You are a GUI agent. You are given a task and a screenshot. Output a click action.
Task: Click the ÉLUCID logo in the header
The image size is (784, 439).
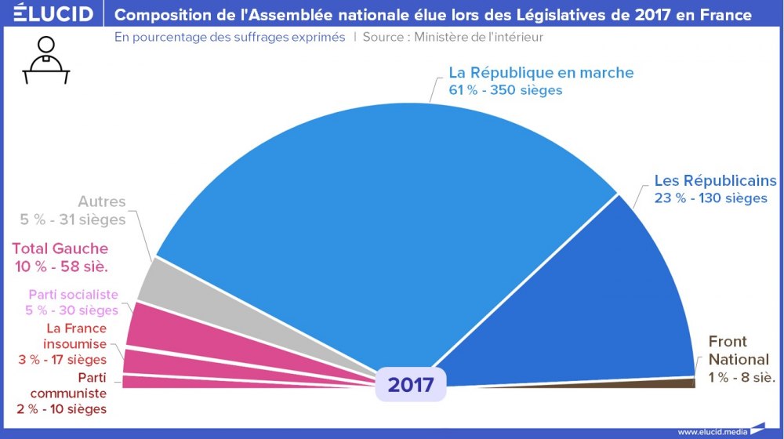[x=48, y=14]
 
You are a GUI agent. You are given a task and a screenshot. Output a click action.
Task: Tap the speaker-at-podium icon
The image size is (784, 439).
[x=46, y=60]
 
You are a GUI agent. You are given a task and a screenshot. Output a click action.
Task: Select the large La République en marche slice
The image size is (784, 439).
[x=376, y=219]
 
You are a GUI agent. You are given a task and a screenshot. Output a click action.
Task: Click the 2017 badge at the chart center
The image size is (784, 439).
[x=410, y=385]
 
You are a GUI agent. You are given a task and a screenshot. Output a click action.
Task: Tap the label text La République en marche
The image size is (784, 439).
[x=540, y=72]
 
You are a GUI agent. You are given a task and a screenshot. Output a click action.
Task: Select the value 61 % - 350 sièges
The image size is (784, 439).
[x=505, y=90]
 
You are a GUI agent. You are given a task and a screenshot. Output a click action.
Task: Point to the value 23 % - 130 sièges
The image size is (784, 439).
[x=710, y=198]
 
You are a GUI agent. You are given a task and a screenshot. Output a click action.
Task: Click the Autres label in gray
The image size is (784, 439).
[x=101, y=202]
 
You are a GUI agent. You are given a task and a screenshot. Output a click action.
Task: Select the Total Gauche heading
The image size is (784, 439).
[x=60, y=249]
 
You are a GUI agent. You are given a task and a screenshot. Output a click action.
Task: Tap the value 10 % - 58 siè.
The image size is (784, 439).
[x=61, y=267]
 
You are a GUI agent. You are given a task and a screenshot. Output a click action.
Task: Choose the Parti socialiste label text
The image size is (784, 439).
[x=73, y=295]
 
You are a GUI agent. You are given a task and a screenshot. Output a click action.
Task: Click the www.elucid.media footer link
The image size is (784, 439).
[x=712, y=431]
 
